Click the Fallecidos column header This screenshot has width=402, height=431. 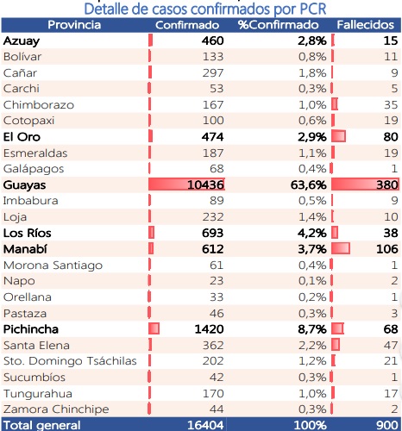coord(365,25)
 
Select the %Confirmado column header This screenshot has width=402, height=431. coord(278,25)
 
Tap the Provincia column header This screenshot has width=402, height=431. coord(74,25)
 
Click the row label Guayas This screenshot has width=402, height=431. coord(24,185)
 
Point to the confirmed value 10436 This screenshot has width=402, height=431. coord(205,184)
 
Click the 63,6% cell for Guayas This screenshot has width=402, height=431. coord(309,184)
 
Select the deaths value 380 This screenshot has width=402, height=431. coord(387,184)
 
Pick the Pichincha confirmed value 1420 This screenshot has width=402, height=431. coord(209,329)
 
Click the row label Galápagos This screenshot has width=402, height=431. coord(34,169)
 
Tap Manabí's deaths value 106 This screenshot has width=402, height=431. coord(387,249)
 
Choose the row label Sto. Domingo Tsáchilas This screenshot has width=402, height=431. coord(70,361)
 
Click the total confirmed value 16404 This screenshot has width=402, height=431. coord(205,425)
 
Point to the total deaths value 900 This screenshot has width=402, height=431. coord(387,425)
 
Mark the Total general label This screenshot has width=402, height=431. coord(42,425)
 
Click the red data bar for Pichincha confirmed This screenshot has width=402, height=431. coord(154,328)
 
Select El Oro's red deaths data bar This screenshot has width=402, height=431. coord(338,136)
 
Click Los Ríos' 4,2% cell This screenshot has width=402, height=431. coord(312,233)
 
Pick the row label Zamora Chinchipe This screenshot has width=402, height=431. coord(56,409)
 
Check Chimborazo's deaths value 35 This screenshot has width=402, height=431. coord(391,105)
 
